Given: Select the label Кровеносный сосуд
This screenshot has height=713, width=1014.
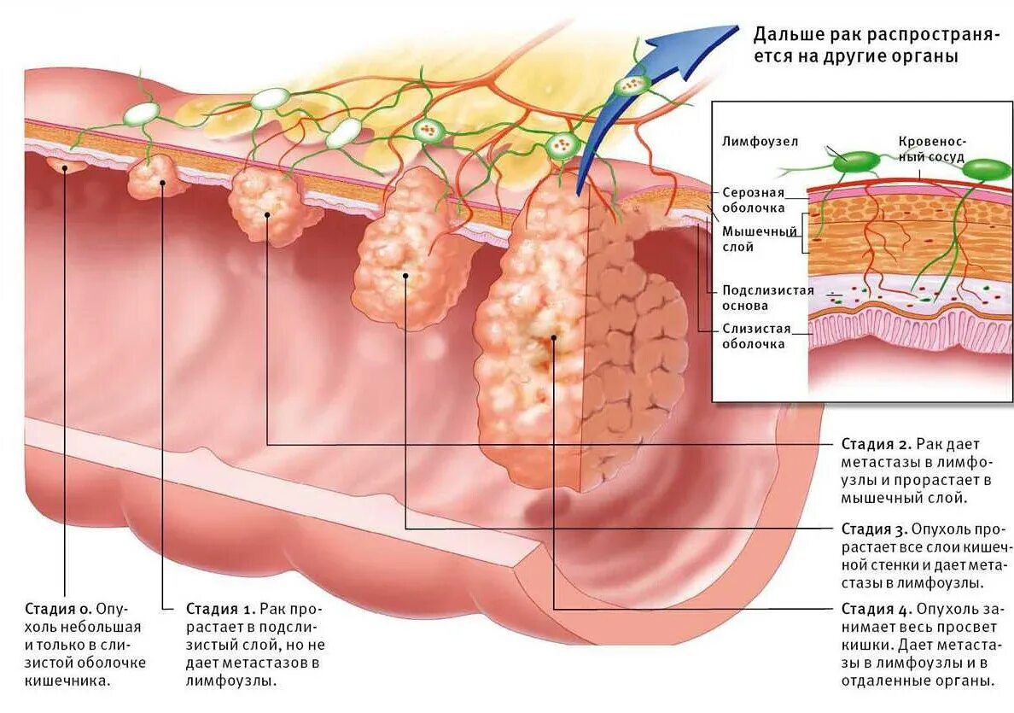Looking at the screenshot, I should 931,149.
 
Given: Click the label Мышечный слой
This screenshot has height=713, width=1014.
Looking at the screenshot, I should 760,239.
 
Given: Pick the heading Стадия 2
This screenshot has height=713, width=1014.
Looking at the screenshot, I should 876,444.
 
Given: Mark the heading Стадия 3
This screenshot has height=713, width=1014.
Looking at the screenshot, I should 876,529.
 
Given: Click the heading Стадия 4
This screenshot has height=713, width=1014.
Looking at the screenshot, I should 876,609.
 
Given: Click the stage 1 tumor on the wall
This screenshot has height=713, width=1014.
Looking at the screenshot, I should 157,178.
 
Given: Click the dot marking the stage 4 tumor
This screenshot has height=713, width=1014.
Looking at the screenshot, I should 554,338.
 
